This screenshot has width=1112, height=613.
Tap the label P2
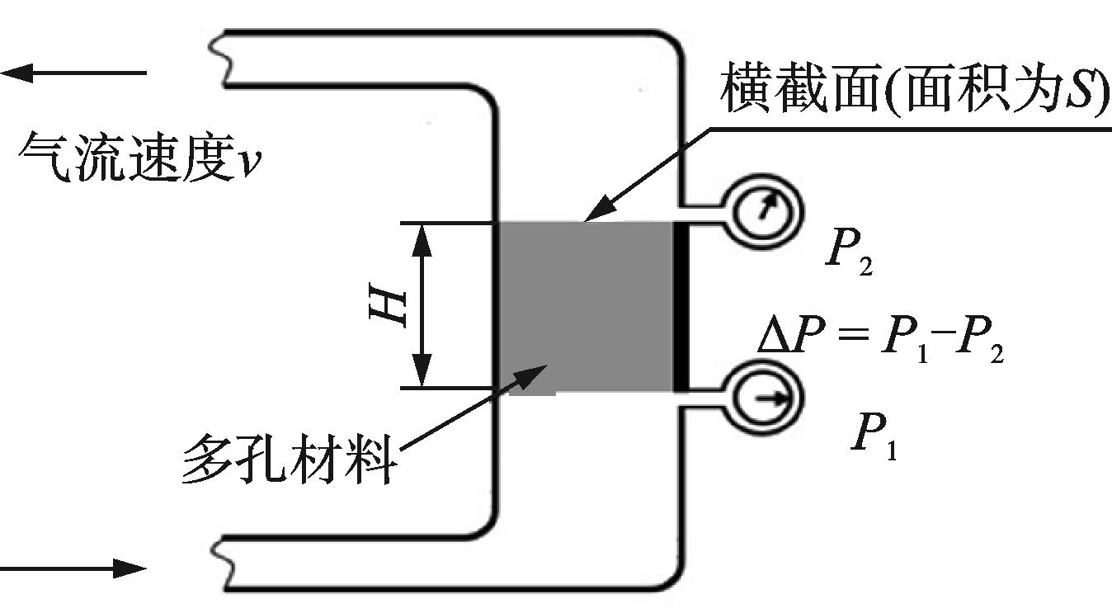coord(849,257)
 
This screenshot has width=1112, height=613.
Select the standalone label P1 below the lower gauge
coord(874,438)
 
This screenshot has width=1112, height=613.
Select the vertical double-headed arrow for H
coord(422,305)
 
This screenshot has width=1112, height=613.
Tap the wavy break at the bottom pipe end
coord(219,561)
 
